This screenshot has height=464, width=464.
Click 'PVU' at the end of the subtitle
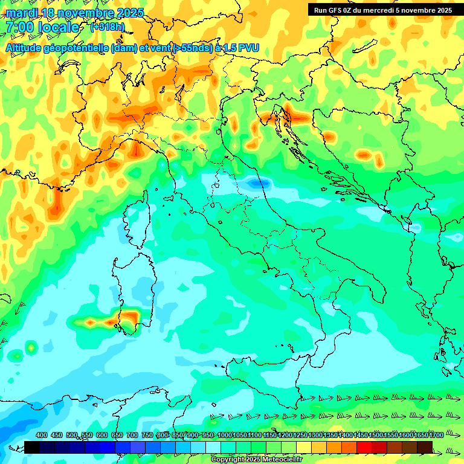coord(248,48)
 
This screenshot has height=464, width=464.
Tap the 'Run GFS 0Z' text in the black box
coord(335,10)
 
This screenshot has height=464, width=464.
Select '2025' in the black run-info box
coord(441,10)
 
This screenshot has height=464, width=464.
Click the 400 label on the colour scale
coord(42,436)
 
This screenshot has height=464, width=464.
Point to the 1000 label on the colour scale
coord(224,436)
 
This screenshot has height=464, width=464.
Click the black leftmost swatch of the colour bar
coord(32,447)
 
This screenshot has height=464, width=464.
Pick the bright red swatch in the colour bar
coord(364,447)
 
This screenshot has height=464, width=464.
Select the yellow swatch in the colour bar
coord(304,447)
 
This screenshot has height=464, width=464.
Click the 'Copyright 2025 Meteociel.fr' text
coord(257,460)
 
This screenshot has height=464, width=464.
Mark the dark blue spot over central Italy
coord(259,182)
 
